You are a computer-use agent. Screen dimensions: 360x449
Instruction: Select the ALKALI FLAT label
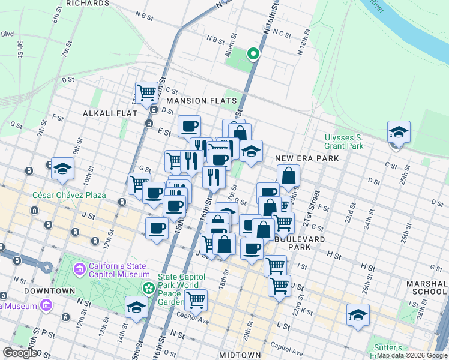point(110,113)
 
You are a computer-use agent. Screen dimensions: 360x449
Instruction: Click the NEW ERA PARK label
point(307,158)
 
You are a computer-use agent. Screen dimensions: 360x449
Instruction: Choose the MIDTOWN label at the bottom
point(240,355)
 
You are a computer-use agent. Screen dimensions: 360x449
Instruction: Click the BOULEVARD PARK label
point(300,242)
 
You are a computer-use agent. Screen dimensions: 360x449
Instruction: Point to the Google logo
point(20,353)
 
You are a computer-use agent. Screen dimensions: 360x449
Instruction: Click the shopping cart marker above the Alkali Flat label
point(146,92)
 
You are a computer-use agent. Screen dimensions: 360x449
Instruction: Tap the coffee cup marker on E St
point(190,126)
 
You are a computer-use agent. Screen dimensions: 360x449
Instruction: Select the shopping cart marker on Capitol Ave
point(196,299)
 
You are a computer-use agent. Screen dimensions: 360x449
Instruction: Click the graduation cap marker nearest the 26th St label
point(358,314)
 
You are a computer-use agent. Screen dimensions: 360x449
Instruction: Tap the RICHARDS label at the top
point(88,4)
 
